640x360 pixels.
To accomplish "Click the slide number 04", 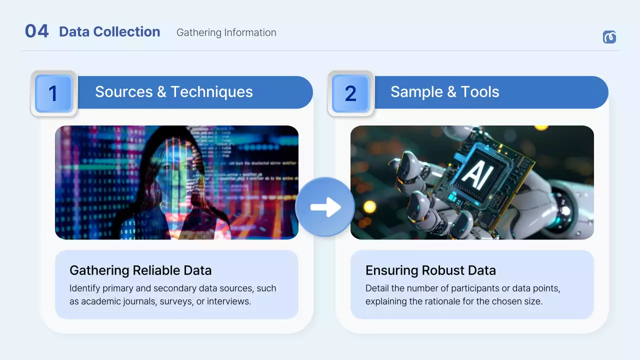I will click(36, 31).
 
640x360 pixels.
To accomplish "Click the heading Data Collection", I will click(109, 32).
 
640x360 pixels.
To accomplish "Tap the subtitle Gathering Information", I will click(226, 32).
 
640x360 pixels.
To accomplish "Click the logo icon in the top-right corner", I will click(609, 37).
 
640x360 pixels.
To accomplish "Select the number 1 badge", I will click(53, 93).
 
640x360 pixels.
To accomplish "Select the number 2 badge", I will click(350, 93).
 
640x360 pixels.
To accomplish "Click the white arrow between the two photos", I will click(325, 207).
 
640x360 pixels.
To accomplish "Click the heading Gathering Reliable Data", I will click(140, 270).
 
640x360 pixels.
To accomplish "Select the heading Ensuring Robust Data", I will click(430, 270).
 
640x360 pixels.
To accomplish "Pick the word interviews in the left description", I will click(228, 301).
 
